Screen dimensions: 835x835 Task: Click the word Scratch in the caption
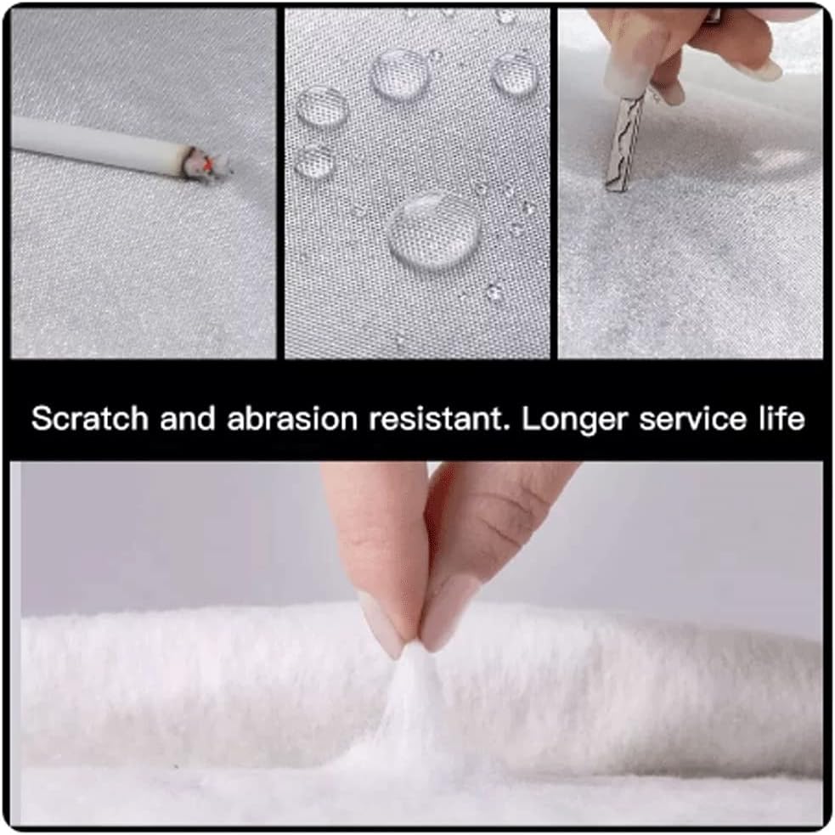point(89,418)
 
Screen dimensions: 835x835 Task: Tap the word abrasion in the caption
point(292,419)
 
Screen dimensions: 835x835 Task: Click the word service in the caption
point(694,420)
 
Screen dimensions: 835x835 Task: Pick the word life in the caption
point(782,418)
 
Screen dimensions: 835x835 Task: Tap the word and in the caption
point(188,419)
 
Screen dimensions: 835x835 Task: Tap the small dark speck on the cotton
point(176,766)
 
